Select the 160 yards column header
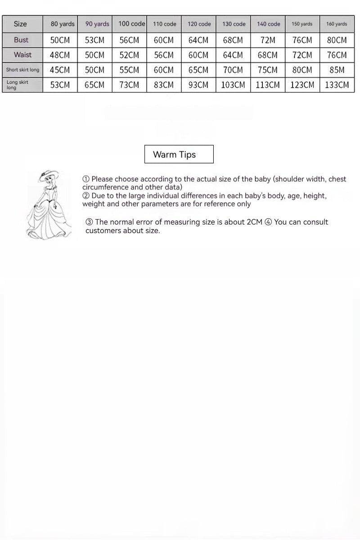click(x=337, y=24)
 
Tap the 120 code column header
click(x=199, y=24)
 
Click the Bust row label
click(x=21, y=40)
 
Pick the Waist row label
click(x=22, y=55)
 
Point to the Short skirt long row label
click(x=22, y=70)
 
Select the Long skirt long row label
click(x=18, y=85)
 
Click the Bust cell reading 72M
click(x=268, y=40)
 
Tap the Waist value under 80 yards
click(x=60, y=55)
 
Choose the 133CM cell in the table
click(x=337, y=85)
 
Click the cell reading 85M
click(x=337, y=70)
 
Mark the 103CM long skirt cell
click(x=233, y=85)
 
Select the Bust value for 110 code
click(x=164, y=40)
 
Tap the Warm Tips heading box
click(x=179, y=154)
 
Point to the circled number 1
click(x=86, y=179)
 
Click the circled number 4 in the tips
click(x=268, y=222)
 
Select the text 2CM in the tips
click(x=254, y=222)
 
